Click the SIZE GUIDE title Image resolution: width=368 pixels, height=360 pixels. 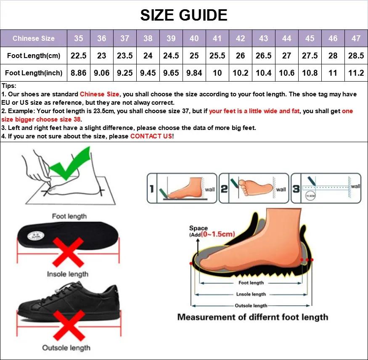(x=184, y=15)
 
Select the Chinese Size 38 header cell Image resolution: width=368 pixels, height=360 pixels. (x=148, y=38)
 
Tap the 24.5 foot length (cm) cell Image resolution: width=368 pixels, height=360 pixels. (x=171, y=56)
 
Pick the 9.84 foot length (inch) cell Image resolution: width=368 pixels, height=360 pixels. (x=194, y=73)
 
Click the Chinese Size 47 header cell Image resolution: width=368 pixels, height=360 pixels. (x=356, y=38)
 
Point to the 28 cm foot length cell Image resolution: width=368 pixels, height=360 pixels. (x=333, y=56)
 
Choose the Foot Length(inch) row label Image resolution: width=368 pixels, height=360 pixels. (x=34, y=73)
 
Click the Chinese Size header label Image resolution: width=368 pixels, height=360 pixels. (x=34, y=38)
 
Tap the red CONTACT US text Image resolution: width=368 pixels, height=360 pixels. (x=151, y=136)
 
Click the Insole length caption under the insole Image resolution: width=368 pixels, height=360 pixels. (x=68, y=274)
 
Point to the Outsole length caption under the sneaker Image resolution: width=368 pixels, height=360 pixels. (x=66, y=348)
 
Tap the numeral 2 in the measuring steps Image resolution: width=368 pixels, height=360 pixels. (x=224, y=189)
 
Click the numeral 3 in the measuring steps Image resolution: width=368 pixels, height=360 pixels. (x=296, y=189)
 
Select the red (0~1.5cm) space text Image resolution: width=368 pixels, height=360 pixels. (x=217, y=234)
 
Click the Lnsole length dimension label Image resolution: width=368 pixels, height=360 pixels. (x=251, y=294)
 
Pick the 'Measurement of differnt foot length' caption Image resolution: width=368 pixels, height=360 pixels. (x=252, y=317)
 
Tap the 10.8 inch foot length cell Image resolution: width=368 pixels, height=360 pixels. (x=310, y=73)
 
